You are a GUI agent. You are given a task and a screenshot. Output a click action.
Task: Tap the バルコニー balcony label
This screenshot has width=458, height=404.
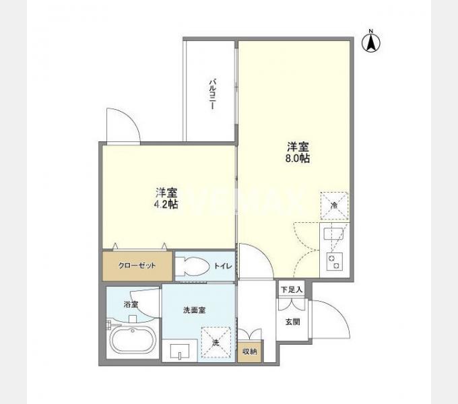pyautogui.click(x=212, y=94)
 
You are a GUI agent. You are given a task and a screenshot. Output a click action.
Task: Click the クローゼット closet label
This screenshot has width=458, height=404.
pyautogui.click(x=138, y=266)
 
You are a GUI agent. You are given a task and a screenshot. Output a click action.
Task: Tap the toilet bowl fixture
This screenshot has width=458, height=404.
pyautogui.click(x=192, y=266)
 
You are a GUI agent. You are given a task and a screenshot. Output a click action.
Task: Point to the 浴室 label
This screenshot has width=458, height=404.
pyautogui.click(x=131, y=304)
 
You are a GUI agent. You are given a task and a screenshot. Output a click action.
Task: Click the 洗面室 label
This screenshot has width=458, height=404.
pyautogui.click(x=195, y=310)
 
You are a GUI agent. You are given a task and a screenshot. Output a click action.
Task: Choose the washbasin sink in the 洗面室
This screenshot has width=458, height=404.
pyautogui.click(x=180, y=352)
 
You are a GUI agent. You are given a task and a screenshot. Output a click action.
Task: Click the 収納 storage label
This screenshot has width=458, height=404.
pyautogui.click(x=250, y=351)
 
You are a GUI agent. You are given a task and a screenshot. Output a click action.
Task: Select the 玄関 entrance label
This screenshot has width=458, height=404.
pyautogui.click(x=292, y=321)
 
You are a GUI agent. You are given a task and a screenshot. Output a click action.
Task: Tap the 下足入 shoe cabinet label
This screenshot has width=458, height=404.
pyautogui.click(x=292, y=290)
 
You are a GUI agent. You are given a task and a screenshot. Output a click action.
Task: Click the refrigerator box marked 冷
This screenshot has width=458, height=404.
pyautogui.click(x=333, y=205)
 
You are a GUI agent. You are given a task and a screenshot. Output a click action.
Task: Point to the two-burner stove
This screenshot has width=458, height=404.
pyautogui.click(x=333, y=260)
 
